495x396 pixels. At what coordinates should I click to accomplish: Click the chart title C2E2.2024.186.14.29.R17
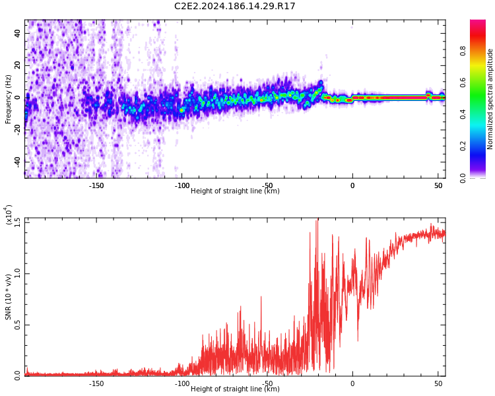234,7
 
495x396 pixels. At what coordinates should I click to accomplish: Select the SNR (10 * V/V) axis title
9,297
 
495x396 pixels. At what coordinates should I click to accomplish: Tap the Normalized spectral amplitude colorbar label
490,99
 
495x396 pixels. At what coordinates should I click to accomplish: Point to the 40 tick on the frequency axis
17,33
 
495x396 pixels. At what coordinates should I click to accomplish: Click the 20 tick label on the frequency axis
17,65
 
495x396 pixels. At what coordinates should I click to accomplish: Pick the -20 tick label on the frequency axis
16,129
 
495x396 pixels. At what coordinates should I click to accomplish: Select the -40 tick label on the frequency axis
16,161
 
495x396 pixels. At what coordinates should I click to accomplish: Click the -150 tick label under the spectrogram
96,185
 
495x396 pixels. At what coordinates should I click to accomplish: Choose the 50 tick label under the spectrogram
438,185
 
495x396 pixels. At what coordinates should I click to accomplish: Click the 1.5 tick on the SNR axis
17,222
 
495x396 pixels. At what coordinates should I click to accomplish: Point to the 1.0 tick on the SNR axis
17,273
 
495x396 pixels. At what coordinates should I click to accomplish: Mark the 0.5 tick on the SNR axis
17,325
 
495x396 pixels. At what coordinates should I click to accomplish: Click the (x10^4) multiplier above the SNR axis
9,215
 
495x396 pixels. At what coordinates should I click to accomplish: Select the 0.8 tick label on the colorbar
481,51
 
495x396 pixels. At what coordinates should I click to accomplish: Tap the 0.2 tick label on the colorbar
481,146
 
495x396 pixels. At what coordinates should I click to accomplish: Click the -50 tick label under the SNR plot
267,383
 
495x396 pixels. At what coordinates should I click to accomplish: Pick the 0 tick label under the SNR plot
352,383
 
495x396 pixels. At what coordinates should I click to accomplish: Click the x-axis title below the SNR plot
235,389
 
